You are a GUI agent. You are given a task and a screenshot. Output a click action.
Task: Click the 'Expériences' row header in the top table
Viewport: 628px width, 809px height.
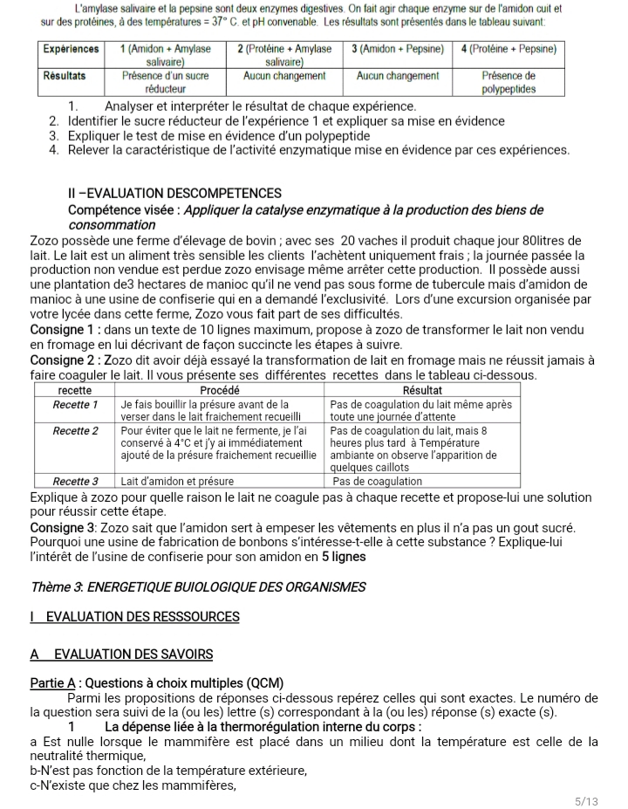(x=72, y=50)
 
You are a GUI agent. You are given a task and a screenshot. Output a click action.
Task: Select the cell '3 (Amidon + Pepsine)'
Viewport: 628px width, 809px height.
(x=399, y=50)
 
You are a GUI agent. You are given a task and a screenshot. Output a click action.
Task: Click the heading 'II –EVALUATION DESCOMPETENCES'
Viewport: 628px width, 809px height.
(x=174, y=193)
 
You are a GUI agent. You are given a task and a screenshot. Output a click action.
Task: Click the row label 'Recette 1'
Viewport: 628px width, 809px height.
(x=75, y=405)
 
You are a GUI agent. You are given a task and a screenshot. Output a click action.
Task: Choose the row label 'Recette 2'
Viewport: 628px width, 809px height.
(x=75, y=430)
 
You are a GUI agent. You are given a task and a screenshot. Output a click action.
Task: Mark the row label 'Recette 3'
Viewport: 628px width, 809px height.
(x=75, y=481)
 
